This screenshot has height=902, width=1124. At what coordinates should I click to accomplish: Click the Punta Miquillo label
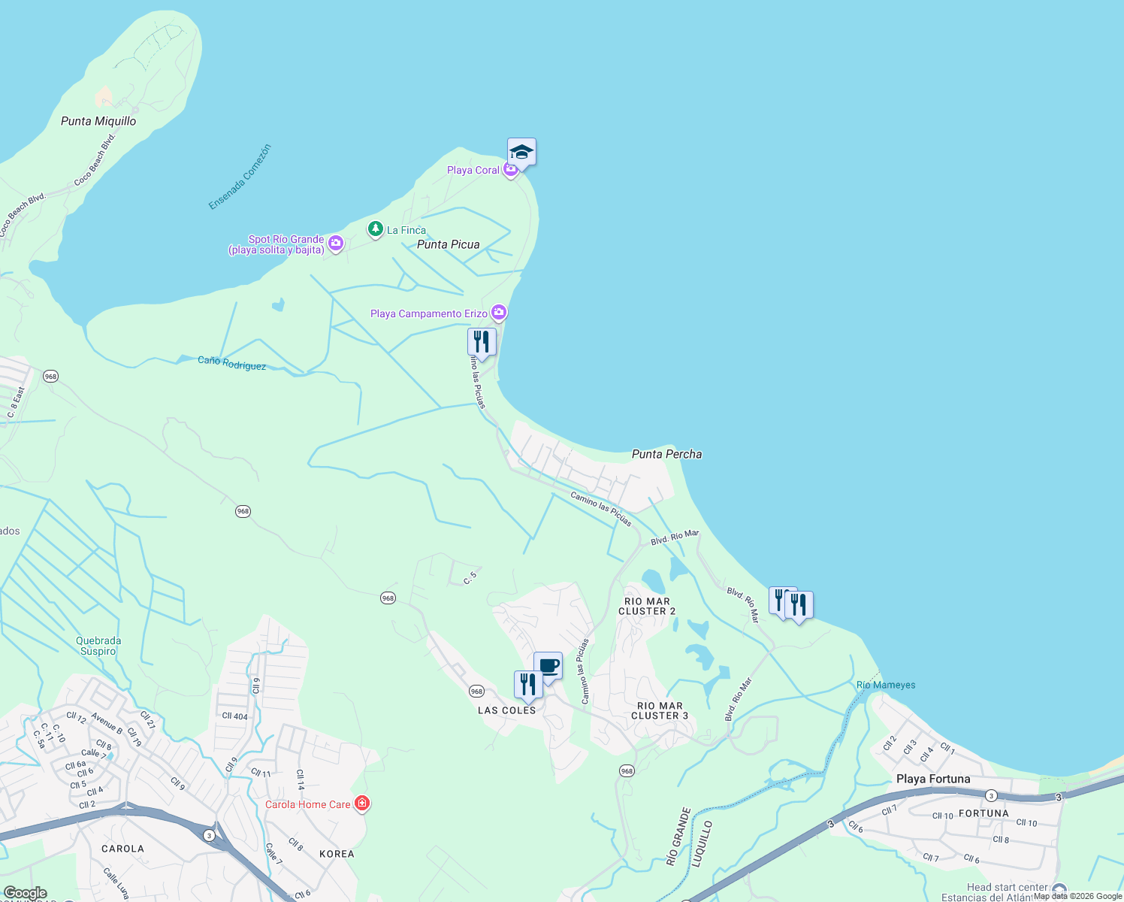[x=98, y=121]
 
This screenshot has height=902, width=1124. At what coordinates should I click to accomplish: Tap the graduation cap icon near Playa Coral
[x=521, y=153]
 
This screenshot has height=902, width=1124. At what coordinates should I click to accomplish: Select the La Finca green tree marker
[x=376, y=229]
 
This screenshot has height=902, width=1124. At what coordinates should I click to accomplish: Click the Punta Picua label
[x=448, y=244]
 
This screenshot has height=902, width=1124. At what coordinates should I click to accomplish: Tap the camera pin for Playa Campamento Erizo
[x=498, y=312]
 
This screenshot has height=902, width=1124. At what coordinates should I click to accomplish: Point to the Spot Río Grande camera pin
[x=336, y=243]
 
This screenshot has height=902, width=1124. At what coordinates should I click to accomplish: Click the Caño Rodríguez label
[x=231, y=363]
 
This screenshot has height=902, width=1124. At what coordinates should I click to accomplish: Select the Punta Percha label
[x=666, y=454]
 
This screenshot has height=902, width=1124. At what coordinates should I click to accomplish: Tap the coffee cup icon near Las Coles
[x=548, y=666]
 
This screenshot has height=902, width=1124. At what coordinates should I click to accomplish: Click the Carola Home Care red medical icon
[x=362, y=804]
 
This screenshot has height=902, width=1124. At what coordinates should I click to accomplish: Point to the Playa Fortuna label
[x=933, y=779]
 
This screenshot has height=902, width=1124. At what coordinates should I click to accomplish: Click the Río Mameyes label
[x=886, y=685]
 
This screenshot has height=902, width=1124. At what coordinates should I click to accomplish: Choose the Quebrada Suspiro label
[x=98, y=646]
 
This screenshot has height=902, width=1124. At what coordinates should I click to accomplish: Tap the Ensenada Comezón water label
[x=240, y=177]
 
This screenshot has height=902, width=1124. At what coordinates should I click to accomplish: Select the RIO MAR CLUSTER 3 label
[x=660, y=710]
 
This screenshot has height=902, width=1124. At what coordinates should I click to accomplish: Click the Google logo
[x=25, y=893]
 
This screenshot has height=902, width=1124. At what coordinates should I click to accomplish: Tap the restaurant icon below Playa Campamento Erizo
[x=482, y=342]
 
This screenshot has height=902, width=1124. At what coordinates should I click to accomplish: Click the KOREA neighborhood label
[x=337, y=854]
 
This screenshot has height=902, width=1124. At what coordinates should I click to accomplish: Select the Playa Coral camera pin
[x=511, y=170]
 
